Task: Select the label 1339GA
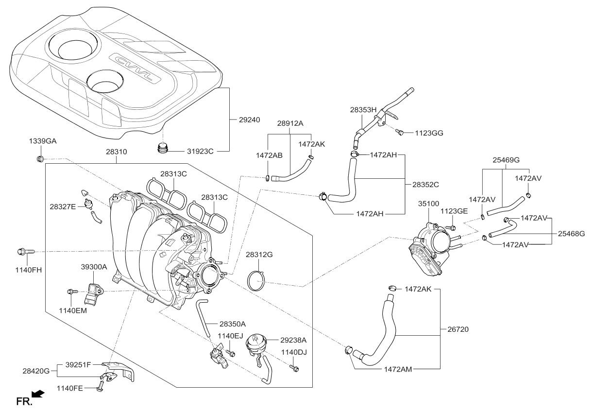(42, 140)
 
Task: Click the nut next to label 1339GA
(41, 158)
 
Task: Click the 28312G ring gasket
(258, 281)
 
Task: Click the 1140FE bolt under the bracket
(100, 387)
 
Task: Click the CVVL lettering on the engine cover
(134, 68)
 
